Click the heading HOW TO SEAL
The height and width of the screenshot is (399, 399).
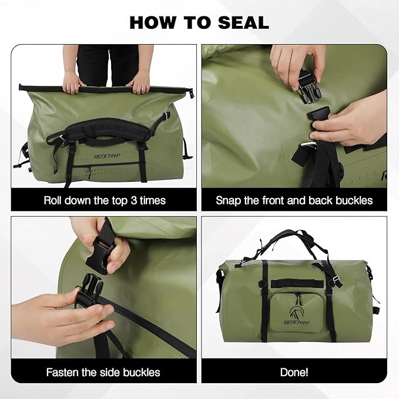point(199,22)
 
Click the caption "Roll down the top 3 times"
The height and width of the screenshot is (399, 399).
point(105,200)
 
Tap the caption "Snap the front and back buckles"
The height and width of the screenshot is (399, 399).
point(294,200)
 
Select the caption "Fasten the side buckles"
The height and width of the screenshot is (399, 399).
point(104,373)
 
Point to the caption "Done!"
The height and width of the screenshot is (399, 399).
point(294,373)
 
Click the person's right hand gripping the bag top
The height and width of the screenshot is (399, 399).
point(140,83)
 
